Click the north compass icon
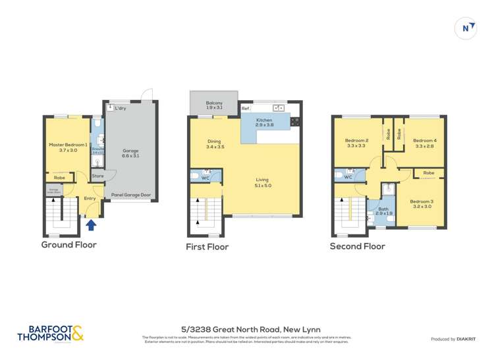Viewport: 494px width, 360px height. pos(466,28)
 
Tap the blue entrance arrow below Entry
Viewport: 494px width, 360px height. pos(92,225)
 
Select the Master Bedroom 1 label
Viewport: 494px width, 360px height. pos(68,147)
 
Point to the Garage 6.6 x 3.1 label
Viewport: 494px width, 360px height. pos(130,154)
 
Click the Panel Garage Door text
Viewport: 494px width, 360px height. pos(131,195)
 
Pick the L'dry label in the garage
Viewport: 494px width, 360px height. pos(120,108)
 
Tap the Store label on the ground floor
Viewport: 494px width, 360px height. pos(97,176)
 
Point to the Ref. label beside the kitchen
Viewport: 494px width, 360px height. pos(245,108)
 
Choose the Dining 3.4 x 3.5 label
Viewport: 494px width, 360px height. pos(215,144)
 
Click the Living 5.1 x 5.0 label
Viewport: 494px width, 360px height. pos(263,182)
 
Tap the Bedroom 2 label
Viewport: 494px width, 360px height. pos(356,143)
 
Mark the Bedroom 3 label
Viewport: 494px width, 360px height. pos(421,203)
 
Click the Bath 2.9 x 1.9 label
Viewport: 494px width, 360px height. pos(384,211)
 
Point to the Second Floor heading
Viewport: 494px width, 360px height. pos(357,246)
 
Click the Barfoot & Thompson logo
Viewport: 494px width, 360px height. pos(51,333)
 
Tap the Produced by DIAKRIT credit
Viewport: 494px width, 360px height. pos(453,339)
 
